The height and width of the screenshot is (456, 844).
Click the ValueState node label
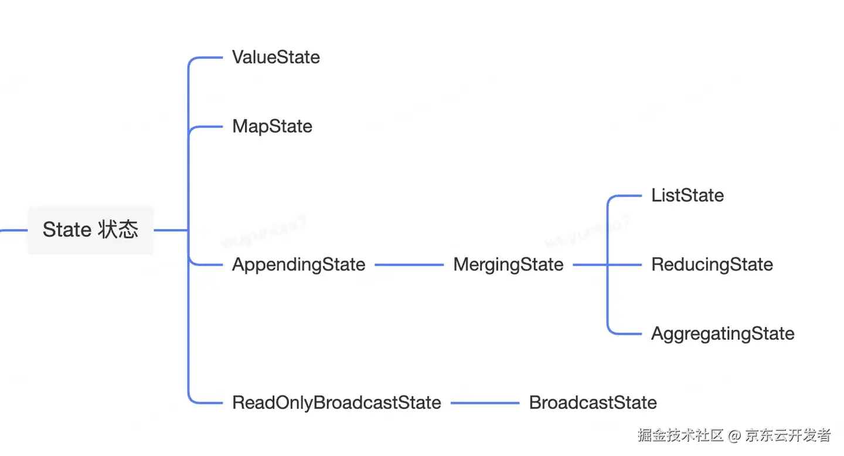coord(275,57)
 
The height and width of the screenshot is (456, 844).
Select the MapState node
coord(272,126)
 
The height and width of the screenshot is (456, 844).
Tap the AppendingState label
coord(298,265)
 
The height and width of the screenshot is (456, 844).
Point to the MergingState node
coord(508,265)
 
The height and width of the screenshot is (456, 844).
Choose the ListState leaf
coord(688,196)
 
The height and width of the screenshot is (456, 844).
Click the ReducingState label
coord(712,265)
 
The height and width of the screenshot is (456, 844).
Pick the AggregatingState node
coord(723,334)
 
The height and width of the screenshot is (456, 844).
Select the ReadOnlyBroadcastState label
coord(336,403)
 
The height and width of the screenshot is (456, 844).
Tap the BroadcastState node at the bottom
coord(593,403)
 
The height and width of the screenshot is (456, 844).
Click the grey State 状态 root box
coord(91,230)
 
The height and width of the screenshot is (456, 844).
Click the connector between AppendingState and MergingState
coord(409,265)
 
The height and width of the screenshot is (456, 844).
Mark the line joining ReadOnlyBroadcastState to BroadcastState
coord(485,403)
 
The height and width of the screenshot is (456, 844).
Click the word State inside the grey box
coord(66,229)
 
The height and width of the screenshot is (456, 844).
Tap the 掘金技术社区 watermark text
coord(680,435)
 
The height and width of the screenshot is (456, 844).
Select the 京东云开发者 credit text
coord(788,435)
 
